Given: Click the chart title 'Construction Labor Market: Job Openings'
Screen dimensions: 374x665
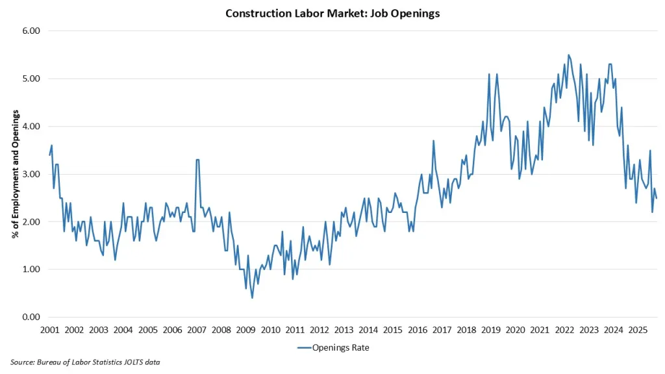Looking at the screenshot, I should [x=332, y=14].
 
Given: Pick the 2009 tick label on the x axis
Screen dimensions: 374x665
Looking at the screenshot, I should [x=245, y=330].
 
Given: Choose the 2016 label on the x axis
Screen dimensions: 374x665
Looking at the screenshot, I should [x=417, y=330].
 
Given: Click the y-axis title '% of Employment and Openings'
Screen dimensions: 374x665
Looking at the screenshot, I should [x=14, y=174].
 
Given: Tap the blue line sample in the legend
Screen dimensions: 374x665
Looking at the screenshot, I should [x=305, y=348].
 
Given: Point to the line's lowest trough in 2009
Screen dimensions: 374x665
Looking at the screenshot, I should [x=252, y=297].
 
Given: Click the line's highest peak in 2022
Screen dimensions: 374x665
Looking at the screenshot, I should [x=568, y=55].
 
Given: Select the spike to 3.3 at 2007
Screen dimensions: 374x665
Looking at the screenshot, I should [x=197, y=160].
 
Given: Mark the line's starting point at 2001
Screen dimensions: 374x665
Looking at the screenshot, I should [x=49, y=155].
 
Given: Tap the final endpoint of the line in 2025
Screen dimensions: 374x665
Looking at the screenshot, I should [x=656, y=198].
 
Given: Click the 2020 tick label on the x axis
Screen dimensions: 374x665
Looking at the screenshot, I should [x=515, y=330].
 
